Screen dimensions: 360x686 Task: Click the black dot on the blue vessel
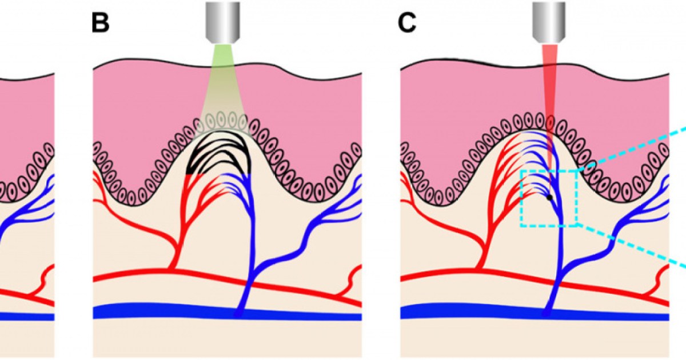(x=549, y=198)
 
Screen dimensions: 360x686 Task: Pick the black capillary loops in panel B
(x=220, y=154)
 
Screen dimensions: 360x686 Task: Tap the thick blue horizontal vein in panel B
(x=171, y=312)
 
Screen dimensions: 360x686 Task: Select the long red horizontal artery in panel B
(x=143, y=275)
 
